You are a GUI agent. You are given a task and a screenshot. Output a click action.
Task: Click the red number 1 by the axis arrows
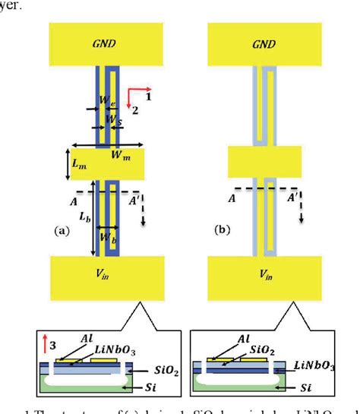pyautogui.click(x=149, y=97)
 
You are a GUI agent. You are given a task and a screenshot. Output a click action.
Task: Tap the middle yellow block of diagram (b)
pyautogui.click(x=259, y=163)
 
